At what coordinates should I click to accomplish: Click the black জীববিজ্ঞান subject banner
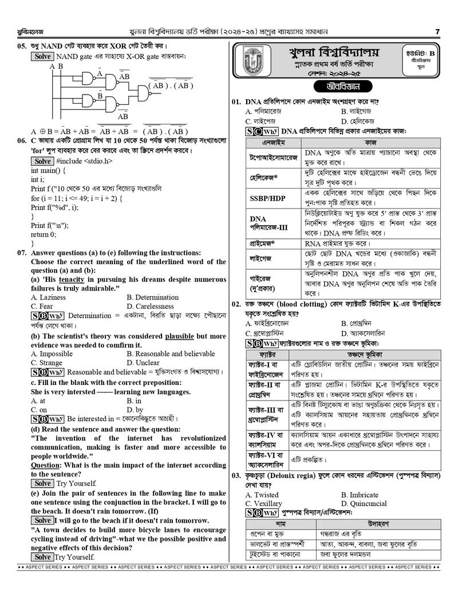click(x=335, y=87)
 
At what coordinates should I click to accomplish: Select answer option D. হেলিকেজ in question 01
click(x=357, y=121)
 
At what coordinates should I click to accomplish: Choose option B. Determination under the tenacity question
click(x=153, y=297)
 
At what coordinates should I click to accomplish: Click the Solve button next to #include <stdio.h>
click(x=42, y=162)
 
